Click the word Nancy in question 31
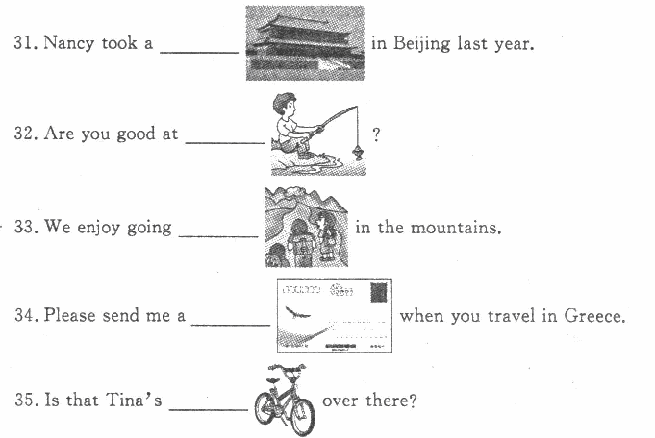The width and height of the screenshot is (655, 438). [69, 43]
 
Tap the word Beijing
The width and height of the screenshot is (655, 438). [421, 44]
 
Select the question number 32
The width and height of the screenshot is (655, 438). [26, 134]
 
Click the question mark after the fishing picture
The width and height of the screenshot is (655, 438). [376, 134]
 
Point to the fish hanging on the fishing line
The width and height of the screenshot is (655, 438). [358, 153]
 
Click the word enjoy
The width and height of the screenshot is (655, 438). [98, 228]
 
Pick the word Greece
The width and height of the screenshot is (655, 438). [594, 316]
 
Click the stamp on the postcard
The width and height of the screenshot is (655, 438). [378, 292]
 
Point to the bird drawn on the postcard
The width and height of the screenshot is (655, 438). [297, 312]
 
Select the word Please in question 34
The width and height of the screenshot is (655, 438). [70, 315]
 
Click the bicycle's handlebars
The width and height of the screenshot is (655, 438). [287, 369]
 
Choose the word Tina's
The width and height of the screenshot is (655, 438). [134, 400]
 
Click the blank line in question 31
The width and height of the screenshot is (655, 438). [200, 53]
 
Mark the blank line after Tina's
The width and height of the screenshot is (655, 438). [208, 409]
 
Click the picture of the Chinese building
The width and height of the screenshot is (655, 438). [305, 43]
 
